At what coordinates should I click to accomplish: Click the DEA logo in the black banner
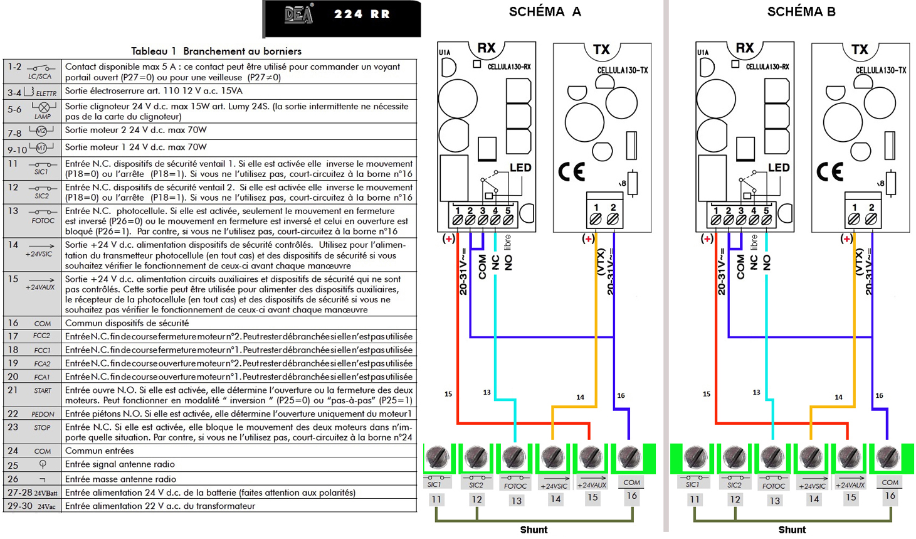[299, 14]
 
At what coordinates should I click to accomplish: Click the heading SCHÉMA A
[545, 11]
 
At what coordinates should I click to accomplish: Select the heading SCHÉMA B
[801, 11]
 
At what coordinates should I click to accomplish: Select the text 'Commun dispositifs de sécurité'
[127, 323]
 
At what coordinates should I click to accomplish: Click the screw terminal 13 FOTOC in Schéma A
[513, 457]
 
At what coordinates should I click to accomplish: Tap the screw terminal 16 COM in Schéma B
[888, 457]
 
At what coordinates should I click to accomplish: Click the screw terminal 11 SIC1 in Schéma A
[437, 457]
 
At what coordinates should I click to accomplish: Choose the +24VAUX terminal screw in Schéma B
[850, 457]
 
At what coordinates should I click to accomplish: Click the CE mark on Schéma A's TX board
[572, 171]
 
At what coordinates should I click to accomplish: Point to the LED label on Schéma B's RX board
[779, 168]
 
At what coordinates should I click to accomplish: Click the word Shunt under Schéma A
[534, 530]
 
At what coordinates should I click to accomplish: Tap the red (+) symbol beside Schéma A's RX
[448, 238]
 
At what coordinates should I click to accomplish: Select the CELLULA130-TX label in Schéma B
[881, 70]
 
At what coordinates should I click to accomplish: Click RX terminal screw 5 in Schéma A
[508, 220]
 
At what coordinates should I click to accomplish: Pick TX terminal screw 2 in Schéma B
[871, 220]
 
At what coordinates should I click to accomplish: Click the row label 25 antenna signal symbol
[43, 464]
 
